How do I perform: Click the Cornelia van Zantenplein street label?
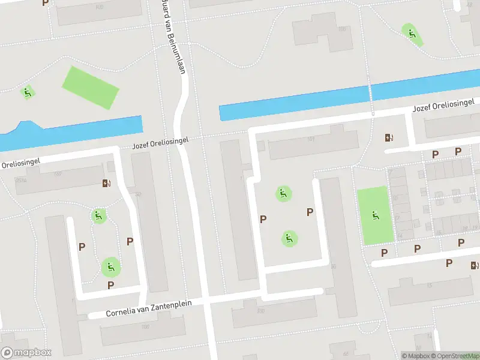pos(149,308)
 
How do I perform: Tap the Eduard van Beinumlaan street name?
pos(173,37)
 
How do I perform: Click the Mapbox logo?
pos(26,353)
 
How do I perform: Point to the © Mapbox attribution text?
pos(416,356)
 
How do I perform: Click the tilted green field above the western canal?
pos(91,88)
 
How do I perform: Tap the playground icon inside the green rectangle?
pos(375,215)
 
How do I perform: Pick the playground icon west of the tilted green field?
pos(27,92)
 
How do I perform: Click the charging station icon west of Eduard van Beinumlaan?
pos(107,183)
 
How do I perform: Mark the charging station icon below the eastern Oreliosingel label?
pos(389,137)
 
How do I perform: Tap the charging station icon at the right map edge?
pos(475,265)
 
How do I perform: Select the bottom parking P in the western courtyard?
pos(110,285)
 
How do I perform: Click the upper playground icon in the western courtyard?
pos(98,215)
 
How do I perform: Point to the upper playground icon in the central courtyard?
pos(283,193)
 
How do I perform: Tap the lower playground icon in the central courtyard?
pos(289,239)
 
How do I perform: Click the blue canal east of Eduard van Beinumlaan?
pos(348,97)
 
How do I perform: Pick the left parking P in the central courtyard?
pos(263,220)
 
